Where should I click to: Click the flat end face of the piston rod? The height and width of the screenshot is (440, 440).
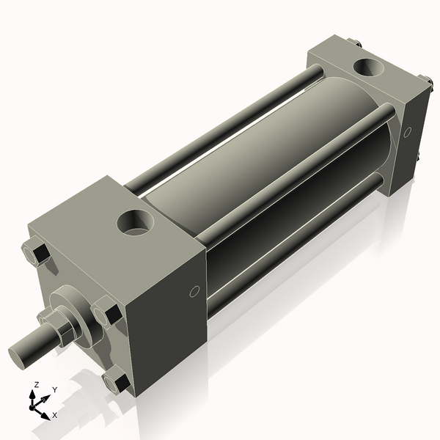pos(21,355)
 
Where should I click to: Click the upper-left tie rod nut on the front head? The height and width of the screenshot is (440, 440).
pos(37,253)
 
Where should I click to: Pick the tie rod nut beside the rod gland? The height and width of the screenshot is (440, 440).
pos(108,313)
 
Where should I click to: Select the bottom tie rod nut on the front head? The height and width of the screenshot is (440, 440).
pos(117,381)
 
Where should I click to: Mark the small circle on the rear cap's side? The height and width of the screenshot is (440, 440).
pos(408,132)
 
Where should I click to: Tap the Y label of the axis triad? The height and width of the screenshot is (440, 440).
pos(55,390)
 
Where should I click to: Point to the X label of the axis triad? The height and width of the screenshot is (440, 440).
pos(55,415)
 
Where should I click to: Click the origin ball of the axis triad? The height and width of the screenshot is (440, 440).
pos(34,405)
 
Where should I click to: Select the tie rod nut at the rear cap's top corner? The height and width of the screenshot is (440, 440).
pos(356,43)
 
